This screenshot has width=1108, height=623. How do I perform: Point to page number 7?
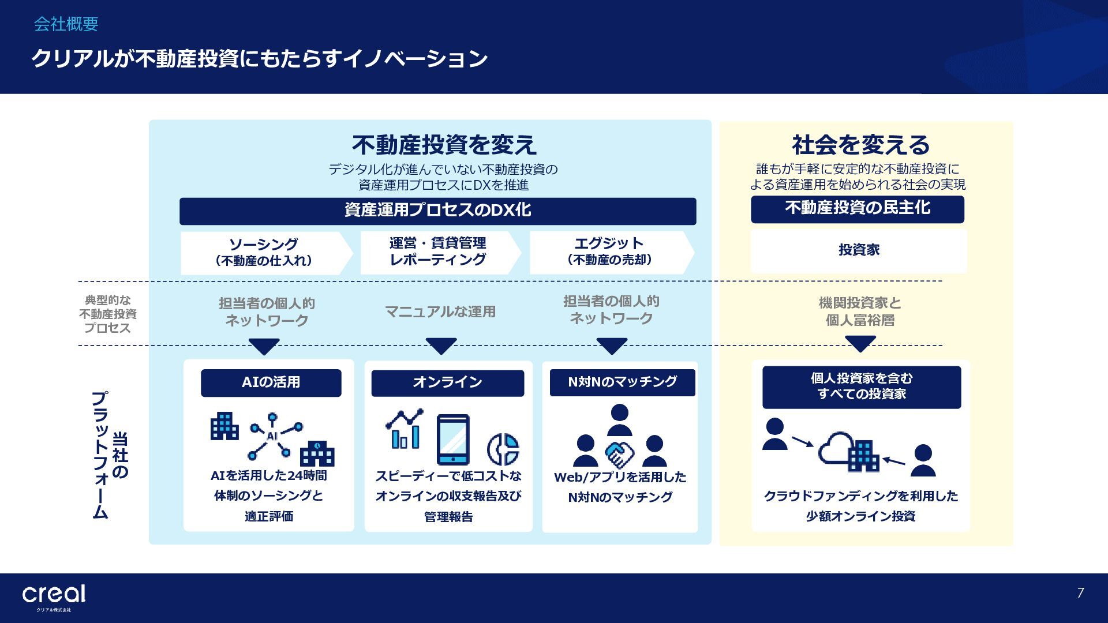pyautogui.click(x=1080, y=593)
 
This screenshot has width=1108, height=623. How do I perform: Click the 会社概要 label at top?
pyautogui.click(x=66, y=24)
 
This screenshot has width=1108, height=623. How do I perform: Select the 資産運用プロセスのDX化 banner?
pyautogui.click(x=437, y=211)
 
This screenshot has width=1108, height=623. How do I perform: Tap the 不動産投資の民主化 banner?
pyautogui.click(x=857, y=209)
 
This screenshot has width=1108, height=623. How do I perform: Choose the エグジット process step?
pyautogui.click(x=610, y=252)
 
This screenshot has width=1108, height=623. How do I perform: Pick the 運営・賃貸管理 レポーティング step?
pyautogui.click(x=438, y=252)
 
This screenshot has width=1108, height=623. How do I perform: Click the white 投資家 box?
pyautogui.click(x=858, y=250)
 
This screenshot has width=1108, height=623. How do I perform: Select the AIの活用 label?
pyautogui.click(x=271, y=382)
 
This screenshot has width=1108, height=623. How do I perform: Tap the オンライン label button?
pyautogui.click(x=447, y=382)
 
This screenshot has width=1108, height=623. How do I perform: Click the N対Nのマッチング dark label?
pyautogui.click(x=622, y=382)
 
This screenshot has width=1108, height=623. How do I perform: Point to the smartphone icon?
pyautogui.click(x=453, y=440)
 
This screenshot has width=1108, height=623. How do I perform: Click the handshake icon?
pyautogui.click(x=619, y=454)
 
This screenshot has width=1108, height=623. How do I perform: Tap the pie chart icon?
pyautogui.click(x=503, y=449)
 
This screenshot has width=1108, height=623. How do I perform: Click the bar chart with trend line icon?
pyautogui.click(x=405, y=430)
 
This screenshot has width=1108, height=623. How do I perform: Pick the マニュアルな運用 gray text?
pyautogui.click(x=440, y=312)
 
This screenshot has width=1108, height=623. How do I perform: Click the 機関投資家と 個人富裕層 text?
pyautogui.click(x=860, y=311)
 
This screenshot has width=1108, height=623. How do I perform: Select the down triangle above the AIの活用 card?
pyautogui.click(x=264, y=347)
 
